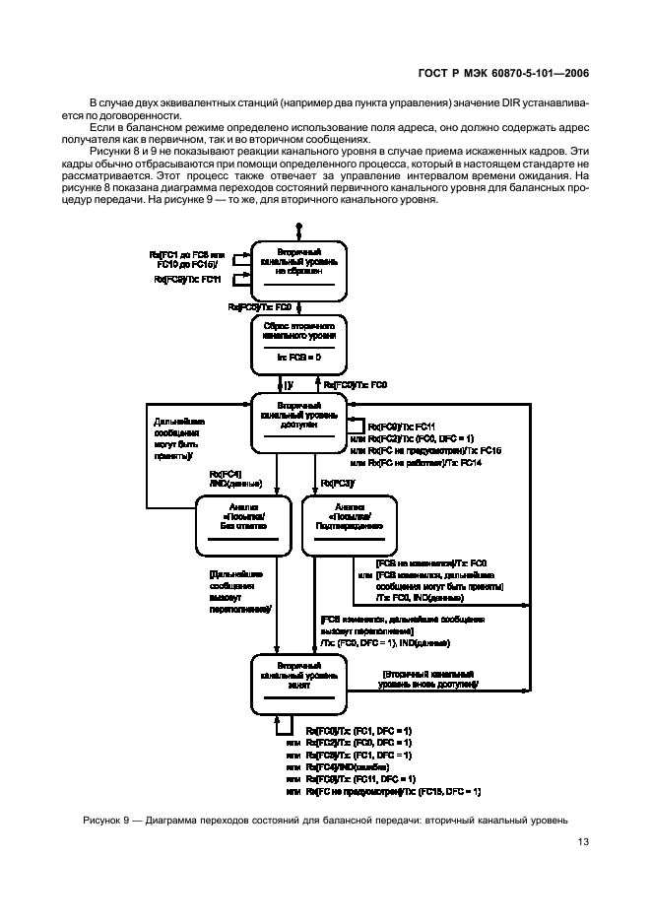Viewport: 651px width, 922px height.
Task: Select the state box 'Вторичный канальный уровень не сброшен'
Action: click(298, 268)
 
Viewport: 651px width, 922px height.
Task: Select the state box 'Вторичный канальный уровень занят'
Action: click(298, 686)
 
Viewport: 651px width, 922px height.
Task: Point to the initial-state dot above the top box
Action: click(298, 226)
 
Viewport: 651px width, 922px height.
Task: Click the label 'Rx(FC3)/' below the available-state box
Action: click(338, 482)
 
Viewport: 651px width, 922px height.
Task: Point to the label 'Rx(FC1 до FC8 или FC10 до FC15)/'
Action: click(189, 260)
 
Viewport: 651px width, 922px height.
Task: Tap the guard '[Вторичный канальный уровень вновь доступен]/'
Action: click(429, 680)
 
